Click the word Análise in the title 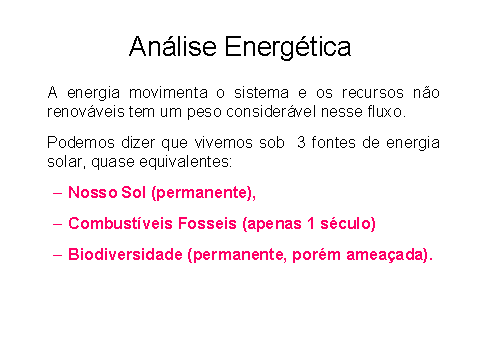173,46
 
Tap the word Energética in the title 288,48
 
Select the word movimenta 168,92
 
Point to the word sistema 261,92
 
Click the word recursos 373,92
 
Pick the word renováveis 86,112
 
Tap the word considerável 271,112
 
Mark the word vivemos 223,142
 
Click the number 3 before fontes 301,142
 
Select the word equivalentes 185,162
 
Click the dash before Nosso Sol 57,193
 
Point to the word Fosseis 207,223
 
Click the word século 348,224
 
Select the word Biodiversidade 125,254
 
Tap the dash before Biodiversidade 57,255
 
